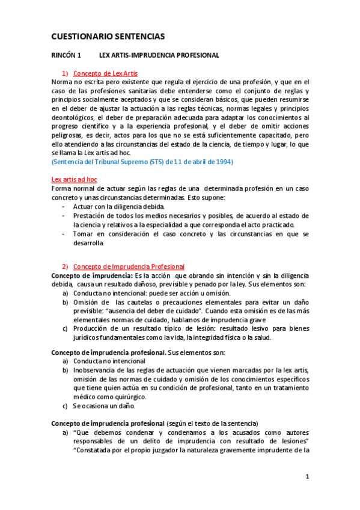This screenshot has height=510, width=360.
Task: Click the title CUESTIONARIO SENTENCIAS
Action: pos(108,37)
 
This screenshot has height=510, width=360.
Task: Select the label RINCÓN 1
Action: pos(66,55)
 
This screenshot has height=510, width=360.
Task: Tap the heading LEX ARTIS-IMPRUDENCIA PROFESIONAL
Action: pos(159,55)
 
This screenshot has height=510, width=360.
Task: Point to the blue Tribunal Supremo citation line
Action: pos(142,162)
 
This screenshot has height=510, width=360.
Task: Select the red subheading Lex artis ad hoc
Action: pos(75,179)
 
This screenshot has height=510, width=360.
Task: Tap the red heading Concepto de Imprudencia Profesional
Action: pos(129,266)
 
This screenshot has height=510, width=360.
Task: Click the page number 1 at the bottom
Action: pos(307,477)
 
